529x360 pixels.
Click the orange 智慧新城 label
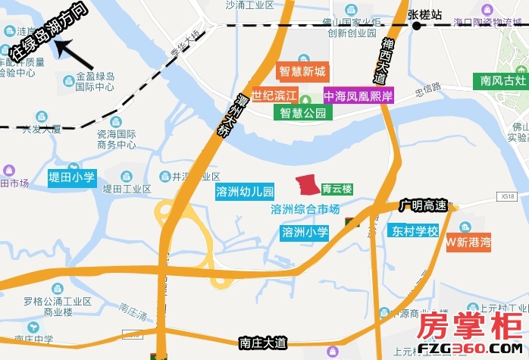click(x=302, y=72)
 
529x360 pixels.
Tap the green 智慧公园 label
click(x=302, y=114)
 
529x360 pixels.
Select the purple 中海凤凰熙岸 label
click(x=358, y=96)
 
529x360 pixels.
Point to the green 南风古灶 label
click(x=502, y=80)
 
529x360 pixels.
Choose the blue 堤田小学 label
click(x=72, y=177)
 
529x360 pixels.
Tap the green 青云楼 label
click(x=336, y=189)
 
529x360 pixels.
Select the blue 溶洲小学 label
click(x=305, y=232)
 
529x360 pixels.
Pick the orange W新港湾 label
click(x=468, y=243)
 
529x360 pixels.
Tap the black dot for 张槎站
click(x=416, y=27)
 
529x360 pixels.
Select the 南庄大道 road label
click(x=262, y=343)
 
